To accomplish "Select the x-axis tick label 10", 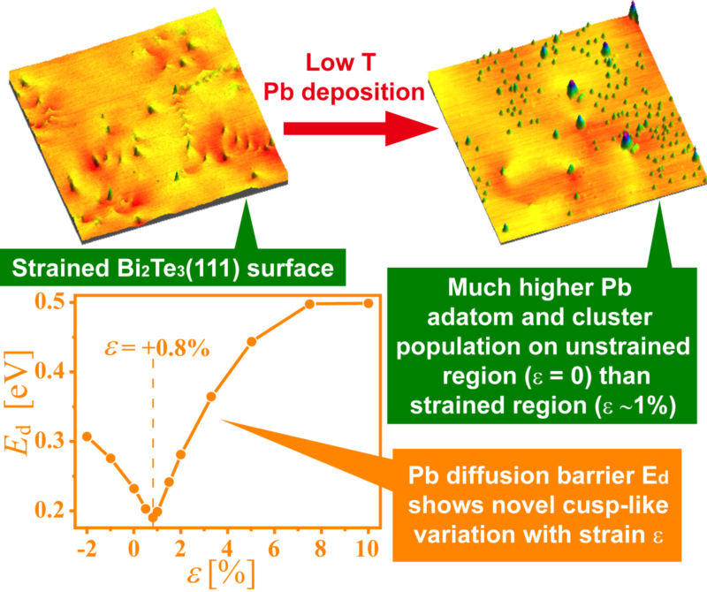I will coord(369,545).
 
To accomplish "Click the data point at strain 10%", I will coord(369,303).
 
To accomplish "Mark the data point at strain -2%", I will coord(87,436).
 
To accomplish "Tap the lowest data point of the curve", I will coord(151,517).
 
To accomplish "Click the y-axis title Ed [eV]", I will coord(19,407).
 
